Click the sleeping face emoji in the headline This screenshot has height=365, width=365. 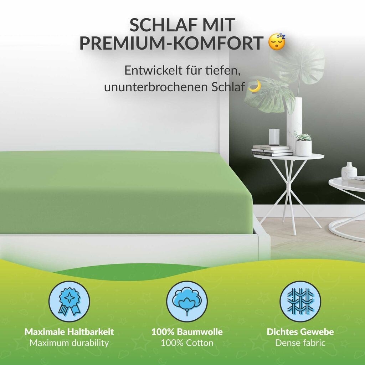point(277,42)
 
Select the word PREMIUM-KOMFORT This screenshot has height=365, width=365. point(171,43)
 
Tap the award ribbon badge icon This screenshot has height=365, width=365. point(69,302)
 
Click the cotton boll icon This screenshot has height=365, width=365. point(187,302)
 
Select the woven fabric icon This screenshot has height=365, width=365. point(300,302)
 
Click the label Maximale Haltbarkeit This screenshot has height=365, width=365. point(69,332)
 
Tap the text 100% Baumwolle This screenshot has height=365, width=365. point(187,332)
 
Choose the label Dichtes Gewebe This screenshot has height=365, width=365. point(300,332)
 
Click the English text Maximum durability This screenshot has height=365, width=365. point(69,343)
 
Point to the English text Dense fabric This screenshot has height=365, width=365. point(300,343)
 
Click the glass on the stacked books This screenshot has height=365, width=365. point(274,137)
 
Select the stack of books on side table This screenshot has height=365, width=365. point(272,151)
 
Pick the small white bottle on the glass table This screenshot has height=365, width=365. point(349,171)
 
